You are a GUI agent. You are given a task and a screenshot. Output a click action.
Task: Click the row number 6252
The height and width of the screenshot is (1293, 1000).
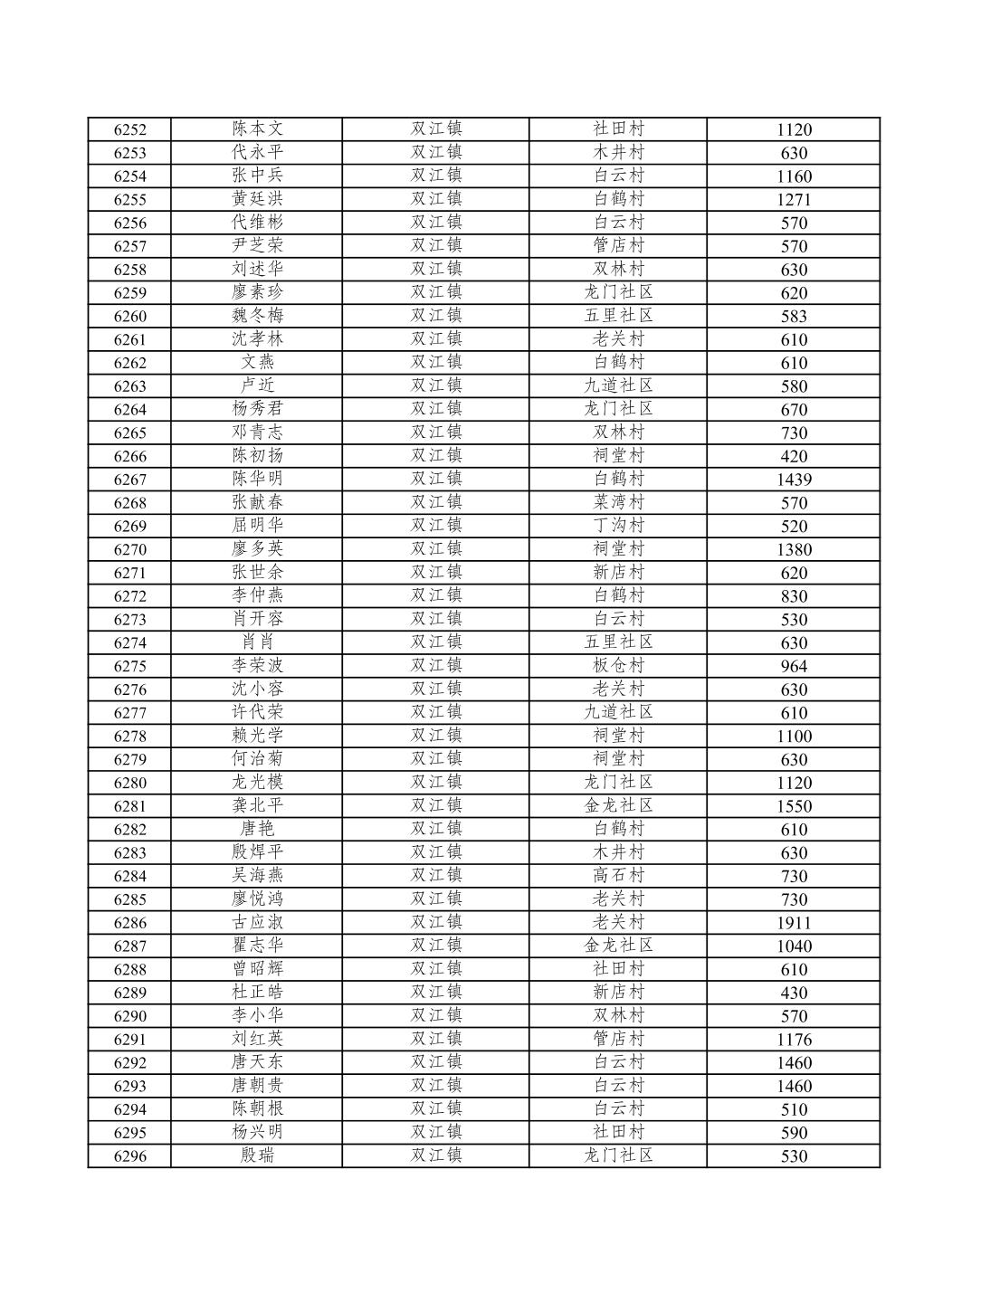[x=129, y=129]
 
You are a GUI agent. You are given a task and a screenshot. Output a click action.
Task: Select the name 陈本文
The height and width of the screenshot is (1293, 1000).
[x=257, y=128]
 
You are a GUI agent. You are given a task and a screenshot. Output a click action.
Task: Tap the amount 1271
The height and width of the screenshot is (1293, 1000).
[x=794, y=199]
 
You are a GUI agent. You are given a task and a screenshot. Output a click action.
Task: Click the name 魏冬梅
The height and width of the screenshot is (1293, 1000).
[x=257, y=315]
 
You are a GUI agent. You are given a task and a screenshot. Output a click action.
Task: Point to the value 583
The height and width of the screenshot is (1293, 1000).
[x=794, y=316]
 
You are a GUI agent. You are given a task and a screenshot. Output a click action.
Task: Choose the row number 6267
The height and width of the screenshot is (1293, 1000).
[x=129, y=480]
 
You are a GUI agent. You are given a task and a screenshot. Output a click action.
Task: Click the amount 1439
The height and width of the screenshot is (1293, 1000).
[x=794, y=480]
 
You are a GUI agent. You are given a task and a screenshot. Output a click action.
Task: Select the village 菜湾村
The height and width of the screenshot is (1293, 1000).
[x=618, y=502]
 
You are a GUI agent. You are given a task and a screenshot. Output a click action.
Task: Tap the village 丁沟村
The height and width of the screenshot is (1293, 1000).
[x=618, y=526]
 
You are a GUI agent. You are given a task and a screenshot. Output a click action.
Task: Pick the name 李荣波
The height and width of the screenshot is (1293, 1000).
[x=257, y=665]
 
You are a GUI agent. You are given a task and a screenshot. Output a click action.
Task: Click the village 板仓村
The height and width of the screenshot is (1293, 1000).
[x=618, y=665]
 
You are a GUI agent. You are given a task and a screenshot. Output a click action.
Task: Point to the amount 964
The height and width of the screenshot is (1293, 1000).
[x=794, y=666]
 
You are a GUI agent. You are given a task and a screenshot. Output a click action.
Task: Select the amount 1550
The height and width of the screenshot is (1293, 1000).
[x=794, y=806]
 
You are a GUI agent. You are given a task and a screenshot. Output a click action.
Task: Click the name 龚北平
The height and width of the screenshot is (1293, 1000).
[x=257, y=805]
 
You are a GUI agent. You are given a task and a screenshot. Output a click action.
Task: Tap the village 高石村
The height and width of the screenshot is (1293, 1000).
[x=618, y=875]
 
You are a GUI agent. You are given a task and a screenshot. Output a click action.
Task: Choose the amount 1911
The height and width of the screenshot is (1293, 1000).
[x=794, y=923]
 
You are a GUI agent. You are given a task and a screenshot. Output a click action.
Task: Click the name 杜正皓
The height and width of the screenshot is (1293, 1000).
[x=257, y=992]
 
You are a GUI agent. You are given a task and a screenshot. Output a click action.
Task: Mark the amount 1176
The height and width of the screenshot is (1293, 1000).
[x=794, y=1040]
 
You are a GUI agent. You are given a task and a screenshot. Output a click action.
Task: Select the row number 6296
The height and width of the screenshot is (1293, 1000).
[x=129, y=1156]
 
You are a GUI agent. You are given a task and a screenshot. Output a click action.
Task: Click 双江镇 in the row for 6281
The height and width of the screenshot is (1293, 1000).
[x=436, y=805]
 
